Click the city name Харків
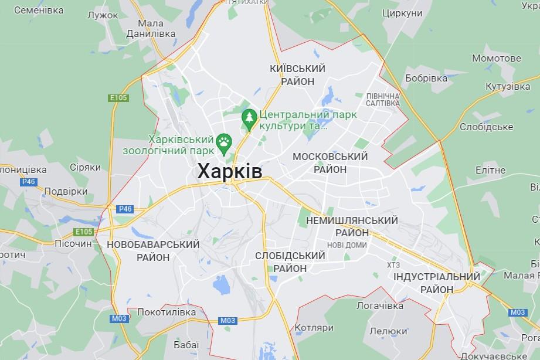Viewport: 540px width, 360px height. (229, 171)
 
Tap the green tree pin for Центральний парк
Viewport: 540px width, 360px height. (250, 118)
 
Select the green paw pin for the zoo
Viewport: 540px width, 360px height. (224, 141)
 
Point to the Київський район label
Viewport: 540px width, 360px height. (297, 75)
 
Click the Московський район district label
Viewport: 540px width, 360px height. (330, 162)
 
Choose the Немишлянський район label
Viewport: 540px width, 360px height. (352, 226)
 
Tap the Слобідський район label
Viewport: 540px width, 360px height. (290, 262)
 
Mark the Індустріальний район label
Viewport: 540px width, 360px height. (436, 283)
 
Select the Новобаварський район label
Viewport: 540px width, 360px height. (153, 250)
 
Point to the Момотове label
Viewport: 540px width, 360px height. (496, 59)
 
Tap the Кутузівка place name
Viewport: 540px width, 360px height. (508, 87)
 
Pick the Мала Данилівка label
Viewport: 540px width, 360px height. (151, 29)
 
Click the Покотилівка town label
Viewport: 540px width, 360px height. (166, 313)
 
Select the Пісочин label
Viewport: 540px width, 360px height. (73, 243)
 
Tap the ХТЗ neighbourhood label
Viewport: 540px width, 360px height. (393, 265)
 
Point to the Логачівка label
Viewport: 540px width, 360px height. (380, 306)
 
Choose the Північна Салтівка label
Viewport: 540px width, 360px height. (382, 99)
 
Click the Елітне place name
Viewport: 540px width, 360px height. (490, 171)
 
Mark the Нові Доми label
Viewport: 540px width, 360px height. (347, 244)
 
